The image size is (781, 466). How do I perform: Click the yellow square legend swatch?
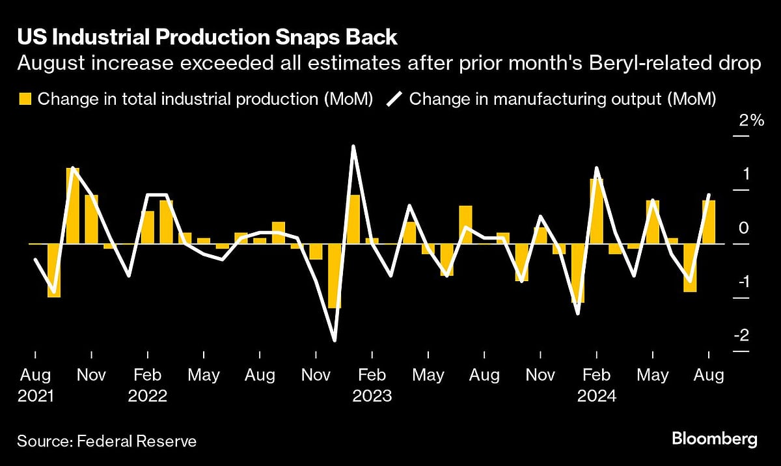[25, 99]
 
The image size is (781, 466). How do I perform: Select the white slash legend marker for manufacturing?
[394, 99]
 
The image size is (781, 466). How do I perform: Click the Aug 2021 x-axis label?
[35, 385]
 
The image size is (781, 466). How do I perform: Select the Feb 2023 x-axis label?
[372, 385]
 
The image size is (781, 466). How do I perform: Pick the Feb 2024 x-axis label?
[596, 385]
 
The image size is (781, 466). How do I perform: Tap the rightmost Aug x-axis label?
[708, 376]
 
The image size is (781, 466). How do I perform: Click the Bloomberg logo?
[714, 440]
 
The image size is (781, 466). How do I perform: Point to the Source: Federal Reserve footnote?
[107, 441]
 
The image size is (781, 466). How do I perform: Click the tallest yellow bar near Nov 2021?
[73, 206]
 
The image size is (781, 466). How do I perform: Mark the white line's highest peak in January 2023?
[353, 146]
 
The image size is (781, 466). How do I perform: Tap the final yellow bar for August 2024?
[708, 222]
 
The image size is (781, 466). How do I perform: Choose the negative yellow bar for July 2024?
[690, 268]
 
